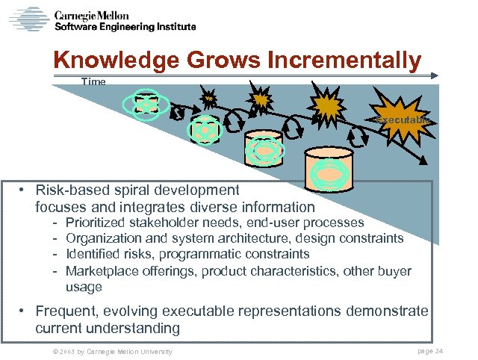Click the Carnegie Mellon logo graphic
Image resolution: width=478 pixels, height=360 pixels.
pos(29,18)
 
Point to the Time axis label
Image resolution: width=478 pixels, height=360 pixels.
pos(94,82)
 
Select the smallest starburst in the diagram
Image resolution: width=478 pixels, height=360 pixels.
pos(209,98)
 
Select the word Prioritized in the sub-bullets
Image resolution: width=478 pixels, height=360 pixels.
pos(96,223)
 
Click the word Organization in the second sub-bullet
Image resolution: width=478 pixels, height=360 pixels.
pos(102,238)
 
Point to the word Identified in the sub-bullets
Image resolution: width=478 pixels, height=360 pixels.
pos(92,255)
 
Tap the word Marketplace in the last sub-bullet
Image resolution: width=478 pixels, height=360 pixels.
pos(102,271)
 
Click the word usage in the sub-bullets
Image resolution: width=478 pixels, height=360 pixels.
pos(84,287)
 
